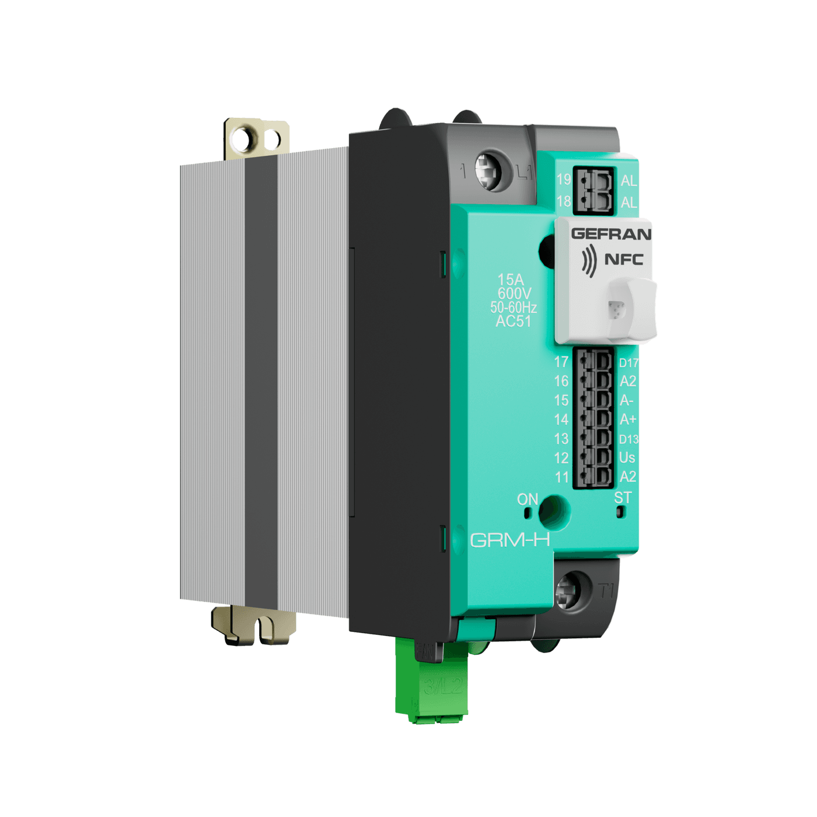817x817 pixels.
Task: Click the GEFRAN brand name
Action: [610, 234]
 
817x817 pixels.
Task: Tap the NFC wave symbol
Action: [589, 260]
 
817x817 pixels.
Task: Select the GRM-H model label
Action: [509, 540]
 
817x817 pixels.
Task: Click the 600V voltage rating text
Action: [514, 294]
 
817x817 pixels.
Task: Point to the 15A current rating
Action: [511, 280]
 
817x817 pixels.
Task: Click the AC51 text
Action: [513, 322]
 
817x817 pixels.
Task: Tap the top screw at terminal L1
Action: [488, 170]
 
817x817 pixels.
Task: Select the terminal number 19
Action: [563, 179]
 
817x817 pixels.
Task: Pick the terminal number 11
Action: [561, 477]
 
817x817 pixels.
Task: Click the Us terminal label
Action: [627, 458]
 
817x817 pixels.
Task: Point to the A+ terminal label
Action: [628, 420]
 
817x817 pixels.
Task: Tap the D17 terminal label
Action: [629, 363]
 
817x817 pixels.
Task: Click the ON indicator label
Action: [528, 500]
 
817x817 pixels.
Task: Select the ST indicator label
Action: [623, 498]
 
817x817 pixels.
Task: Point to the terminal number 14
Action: [561, 420]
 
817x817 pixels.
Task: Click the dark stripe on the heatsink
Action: [261, 379]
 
